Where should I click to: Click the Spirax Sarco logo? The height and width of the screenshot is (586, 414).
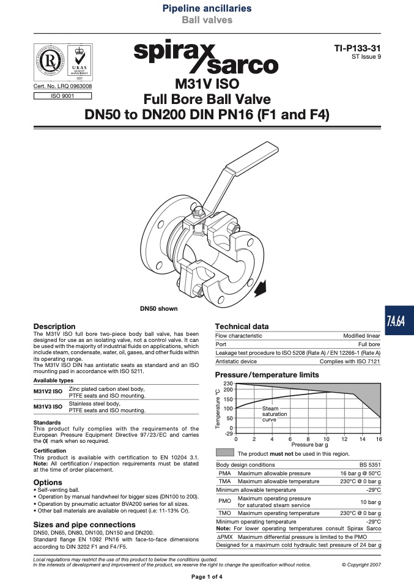(x=206, y=56)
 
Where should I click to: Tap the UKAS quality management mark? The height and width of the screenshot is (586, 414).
(x=79, y=62)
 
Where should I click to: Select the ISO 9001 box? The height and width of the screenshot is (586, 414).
(x=62, y=96)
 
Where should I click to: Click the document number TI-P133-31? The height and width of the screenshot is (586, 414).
(x=357, y=48)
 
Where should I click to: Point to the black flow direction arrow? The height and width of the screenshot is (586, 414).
(x=261, y=288)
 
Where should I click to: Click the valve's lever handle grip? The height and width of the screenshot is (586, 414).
(x=252, y=161)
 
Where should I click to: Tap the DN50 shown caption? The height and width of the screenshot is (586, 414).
(x=159, y=309)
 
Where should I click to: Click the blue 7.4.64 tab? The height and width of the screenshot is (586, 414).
(x=399, y=321)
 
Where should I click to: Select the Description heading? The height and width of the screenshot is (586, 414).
(x=54, y=326)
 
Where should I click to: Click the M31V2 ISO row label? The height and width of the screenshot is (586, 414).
(x=48, y=391)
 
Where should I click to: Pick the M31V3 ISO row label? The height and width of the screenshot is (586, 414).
(x=48, y=407)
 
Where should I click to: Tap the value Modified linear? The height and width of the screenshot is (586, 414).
(x=361, y=336)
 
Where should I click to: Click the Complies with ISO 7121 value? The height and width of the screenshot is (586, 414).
(x=350, y=362)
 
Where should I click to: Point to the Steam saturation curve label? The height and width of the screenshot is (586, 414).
(x=274, y=414)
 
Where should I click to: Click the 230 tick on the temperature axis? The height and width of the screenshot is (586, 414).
(x=228, y=384)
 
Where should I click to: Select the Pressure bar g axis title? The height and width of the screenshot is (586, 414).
(x=309, y=445)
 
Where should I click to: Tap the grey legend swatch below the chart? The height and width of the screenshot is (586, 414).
(x=225, y=453)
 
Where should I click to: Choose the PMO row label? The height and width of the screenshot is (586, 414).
(x=224, y=501)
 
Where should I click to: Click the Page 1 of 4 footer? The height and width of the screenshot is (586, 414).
(x=207, y=577)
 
